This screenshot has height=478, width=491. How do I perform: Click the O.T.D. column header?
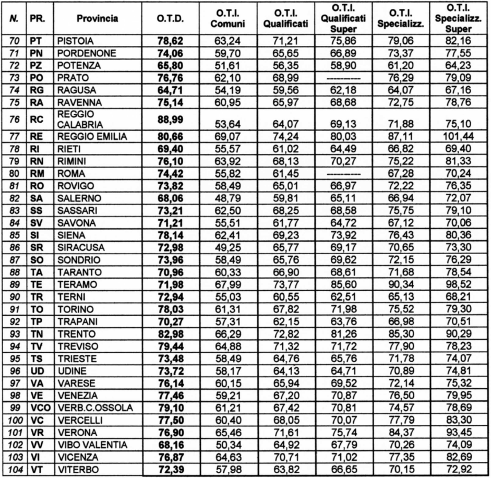coord(170,19)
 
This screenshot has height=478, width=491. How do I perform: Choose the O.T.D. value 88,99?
coord(170,120)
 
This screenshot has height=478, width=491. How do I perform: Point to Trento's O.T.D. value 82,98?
coord(170,332)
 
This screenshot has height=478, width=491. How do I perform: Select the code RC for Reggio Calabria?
coord(36,120)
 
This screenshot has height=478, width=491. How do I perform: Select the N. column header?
coord(14,19)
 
